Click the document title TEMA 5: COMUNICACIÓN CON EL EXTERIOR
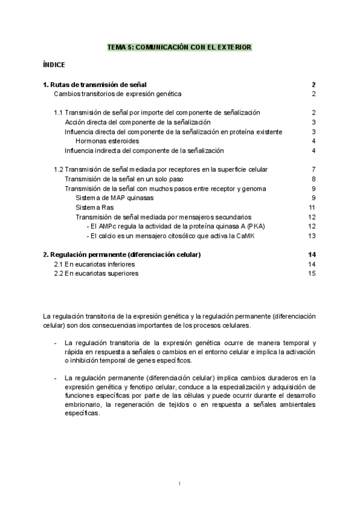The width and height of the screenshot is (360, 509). click(x=179, y=46)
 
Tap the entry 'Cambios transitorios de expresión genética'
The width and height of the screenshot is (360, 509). click(x=118, y=94)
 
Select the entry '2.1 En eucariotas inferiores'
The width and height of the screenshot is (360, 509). click(x=94, y=264)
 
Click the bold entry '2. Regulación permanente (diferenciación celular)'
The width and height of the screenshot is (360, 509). click(x=122, y=254)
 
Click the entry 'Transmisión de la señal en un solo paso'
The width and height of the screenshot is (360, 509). click(x=124, y=179)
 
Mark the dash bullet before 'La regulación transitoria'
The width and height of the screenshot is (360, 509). click(x=55, y=342)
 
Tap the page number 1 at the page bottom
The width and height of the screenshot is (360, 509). click(x=179, y=484)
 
